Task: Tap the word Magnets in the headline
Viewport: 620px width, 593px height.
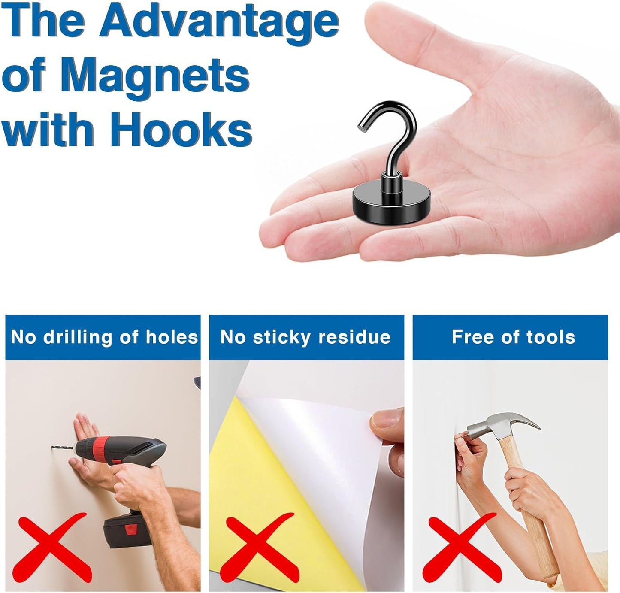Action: (x=154, y=76)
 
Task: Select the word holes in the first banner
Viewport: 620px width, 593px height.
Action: (x=172, y=337)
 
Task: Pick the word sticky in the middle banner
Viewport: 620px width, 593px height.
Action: (x=281, y=338)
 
